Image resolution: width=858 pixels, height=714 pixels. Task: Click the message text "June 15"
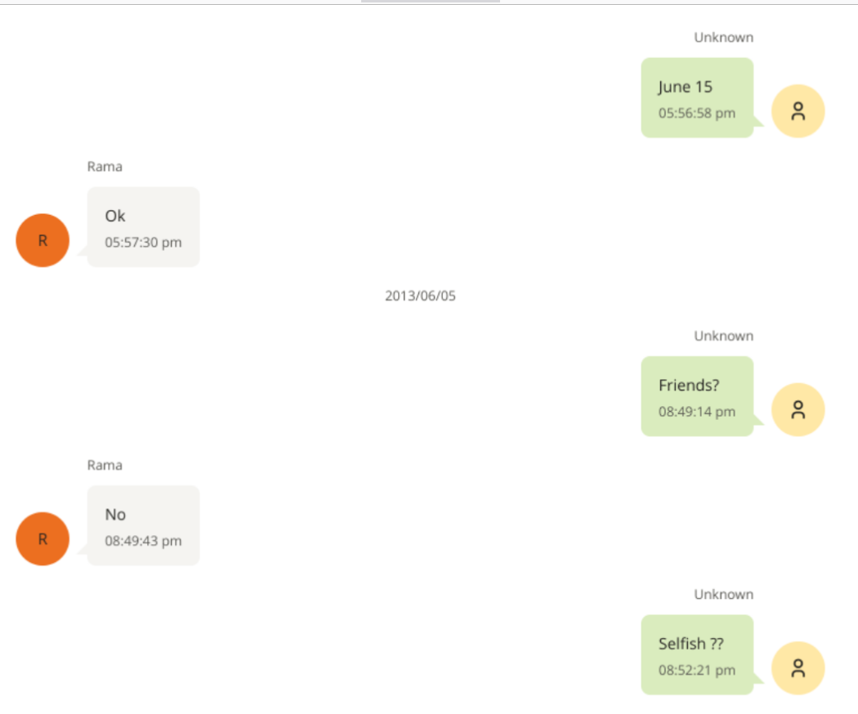tap(685, 87)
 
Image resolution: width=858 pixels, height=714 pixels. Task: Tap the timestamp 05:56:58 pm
tap(697, 114)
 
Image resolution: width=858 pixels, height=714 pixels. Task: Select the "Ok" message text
tap(115, 216)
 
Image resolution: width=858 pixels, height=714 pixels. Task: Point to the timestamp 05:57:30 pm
tap(143, 243)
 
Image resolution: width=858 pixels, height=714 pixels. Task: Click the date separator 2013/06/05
tap(420, 296)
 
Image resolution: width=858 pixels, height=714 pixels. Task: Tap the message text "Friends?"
tap(689, 386)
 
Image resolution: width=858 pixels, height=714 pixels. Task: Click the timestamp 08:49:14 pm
tap(697, 412)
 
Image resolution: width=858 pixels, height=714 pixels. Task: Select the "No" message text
tap(115, 515)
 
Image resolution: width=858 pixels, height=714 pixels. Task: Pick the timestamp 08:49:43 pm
tap(143, 541)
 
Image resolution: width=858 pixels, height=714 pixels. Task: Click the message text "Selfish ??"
tap(691, 644)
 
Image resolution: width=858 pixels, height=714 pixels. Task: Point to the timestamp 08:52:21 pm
tap(697, 671)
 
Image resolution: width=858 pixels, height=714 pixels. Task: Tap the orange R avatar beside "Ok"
tap(42, 240)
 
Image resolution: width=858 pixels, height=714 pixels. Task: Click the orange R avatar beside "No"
tap(42, 539)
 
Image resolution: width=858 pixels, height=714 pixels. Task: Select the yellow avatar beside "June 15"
tap(798, 111)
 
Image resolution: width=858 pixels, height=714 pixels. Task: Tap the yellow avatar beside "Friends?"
tap(798, 410)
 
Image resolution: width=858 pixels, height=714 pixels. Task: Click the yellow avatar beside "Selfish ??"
tap(798, 668)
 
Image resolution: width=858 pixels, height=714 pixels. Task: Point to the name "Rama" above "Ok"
tap(105, 167)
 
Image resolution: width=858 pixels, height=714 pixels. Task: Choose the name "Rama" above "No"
tap(105, 466)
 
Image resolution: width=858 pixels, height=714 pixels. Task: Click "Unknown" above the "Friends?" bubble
tap(723, 336)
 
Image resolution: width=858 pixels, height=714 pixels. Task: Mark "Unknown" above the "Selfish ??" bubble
tap(723, 595)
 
